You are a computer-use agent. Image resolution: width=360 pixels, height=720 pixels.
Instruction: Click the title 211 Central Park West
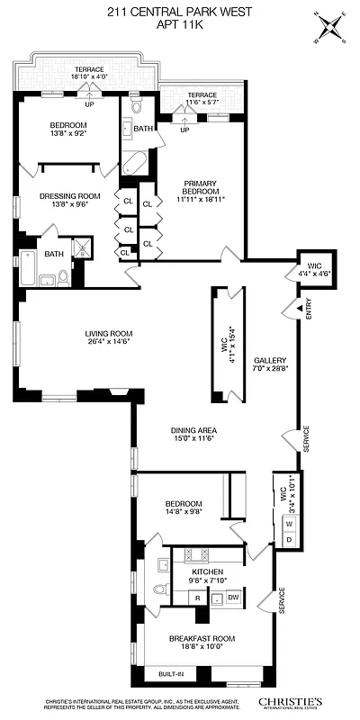tap(180, 11)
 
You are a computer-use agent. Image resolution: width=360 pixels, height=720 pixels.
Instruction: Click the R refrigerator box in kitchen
tap(197, 598)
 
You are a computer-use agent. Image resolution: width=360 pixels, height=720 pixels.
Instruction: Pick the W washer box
tap(288, 523)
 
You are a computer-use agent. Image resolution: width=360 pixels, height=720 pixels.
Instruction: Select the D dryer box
tap(288, 538)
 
